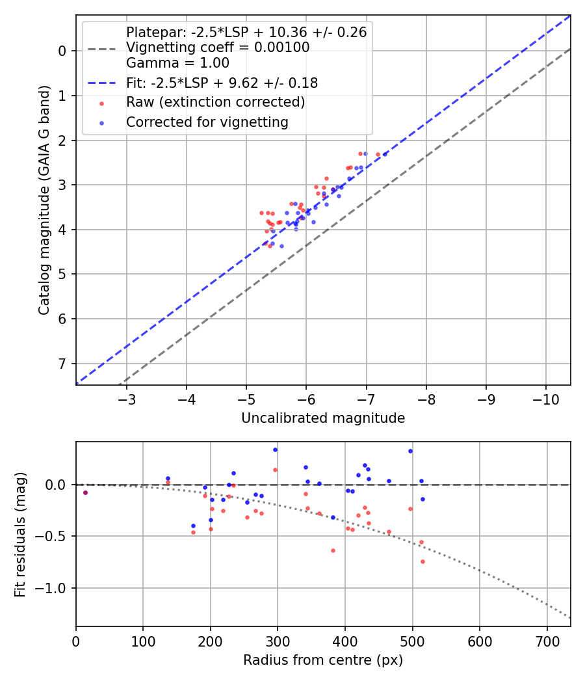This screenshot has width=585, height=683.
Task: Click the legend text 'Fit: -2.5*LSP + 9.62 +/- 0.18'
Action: [222, 83]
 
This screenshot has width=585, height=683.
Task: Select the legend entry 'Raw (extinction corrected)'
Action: [215, 102]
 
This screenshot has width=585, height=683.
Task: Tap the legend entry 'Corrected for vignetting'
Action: [207, 122]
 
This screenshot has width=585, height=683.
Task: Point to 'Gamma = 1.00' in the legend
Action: [177, 64]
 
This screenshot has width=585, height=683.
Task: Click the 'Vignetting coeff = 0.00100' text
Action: [218, 47]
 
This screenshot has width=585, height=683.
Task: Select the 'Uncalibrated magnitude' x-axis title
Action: [323, 418]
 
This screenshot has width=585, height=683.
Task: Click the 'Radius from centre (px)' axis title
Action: [323, 660]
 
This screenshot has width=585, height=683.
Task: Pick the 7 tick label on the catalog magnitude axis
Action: [63, 364]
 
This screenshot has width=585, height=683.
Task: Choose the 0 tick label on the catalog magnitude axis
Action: [63, 51]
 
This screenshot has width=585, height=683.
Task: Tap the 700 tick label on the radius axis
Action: [547, 641]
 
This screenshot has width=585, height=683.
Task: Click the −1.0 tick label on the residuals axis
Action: [55, 588]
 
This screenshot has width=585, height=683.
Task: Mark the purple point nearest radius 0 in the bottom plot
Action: [85, 492]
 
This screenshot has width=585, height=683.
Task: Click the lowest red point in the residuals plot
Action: [422, 561]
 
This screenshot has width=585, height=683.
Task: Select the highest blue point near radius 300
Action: [275, 449]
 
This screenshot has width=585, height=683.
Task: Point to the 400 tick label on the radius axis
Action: [345, 641]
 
